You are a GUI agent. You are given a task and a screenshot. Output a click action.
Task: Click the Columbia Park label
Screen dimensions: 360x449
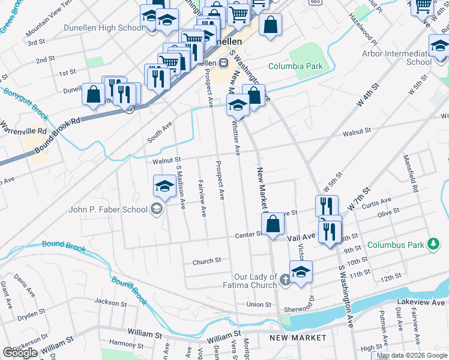click(295, 66)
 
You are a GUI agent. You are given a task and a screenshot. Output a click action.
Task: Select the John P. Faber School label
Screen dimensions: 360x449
click(108, 209)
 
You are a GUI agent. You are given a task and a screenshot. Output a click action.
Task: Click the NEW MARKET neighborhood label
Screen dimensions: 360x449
click(298, 338)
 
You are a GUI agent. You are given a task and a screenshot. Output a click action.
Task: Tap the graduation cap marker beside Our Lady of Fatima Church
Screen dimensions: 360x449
click(301, 271)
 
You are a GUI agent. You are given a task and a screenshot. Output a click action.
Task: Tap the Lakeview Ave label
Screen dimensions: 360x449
click(421, 303)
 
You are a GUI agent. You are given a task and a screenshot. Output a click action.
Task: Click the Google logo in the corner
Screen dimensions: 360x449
click(20, 353)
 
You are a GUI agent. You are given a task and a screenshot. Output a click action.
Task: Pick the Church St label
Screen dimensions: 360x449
click(206, 261)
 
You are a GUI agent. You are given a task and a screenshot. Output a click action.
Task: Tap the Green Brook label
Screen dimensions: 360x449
click(12, 22)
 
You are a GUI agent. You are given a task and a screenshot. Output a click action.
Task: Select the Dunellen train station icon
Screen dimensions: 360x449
click(223, 62)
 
